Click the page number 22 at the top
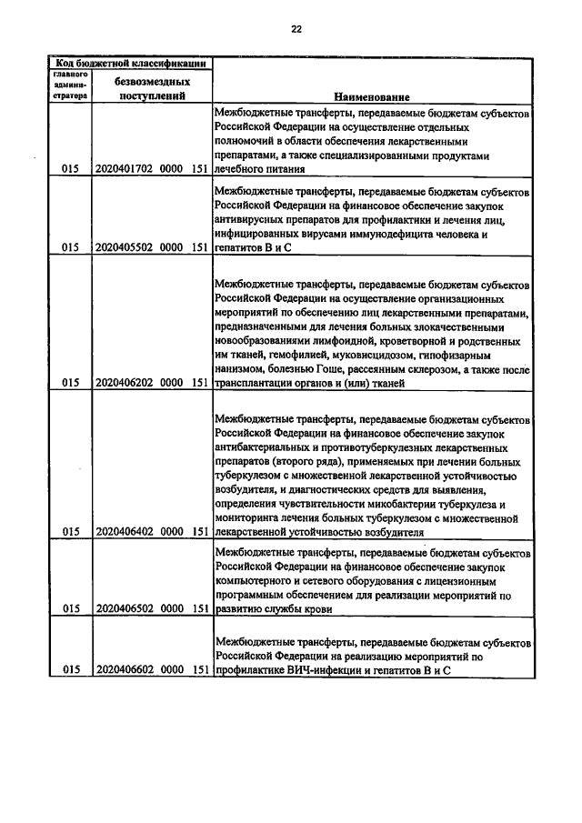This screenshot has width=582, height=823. pos(296,28)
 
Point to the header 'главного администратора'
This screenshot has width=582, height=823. pos(69,85)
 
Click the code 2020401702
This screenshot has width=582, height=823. pos(124,168)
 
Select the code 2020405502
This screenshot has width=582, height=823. pos(124,246)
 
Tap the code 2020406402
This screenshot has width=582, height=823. pos(124,531)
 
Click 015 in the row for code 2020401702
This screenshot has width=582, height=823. pos(69,168)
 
